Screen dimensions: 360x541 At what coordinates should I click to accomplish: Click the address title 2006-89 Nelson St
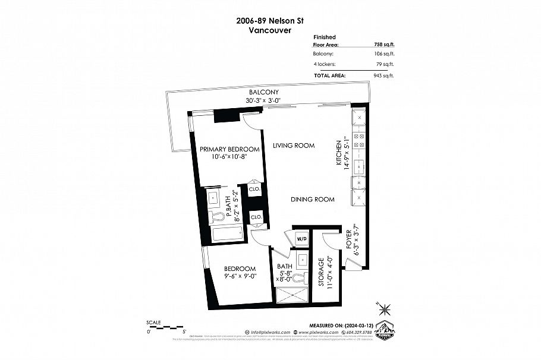coord(270,19)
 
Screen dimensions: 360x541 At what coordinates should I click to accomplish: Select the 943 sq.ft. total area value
coord(382,75)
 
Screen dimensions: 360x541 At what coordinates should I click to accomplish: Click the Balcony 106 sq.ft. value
coord(382,54)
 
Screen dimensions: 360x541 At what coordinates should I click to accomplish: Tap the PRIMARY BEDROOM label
coord(229,149)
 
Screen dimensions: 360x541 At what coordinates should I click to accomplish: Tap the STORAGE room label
coord(322,272)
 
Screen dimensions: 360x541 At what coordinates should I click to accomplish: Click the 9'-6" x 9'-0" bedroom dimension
coord(232,277)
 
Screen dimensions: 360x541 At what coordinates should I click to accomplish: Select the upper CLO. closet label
coord(254,190)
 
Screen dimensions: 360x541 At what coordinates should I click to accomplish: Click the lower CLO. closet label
coord(256,217)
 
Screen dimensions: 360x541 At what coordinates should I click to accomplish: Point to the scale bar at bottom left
coord(166,326)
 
